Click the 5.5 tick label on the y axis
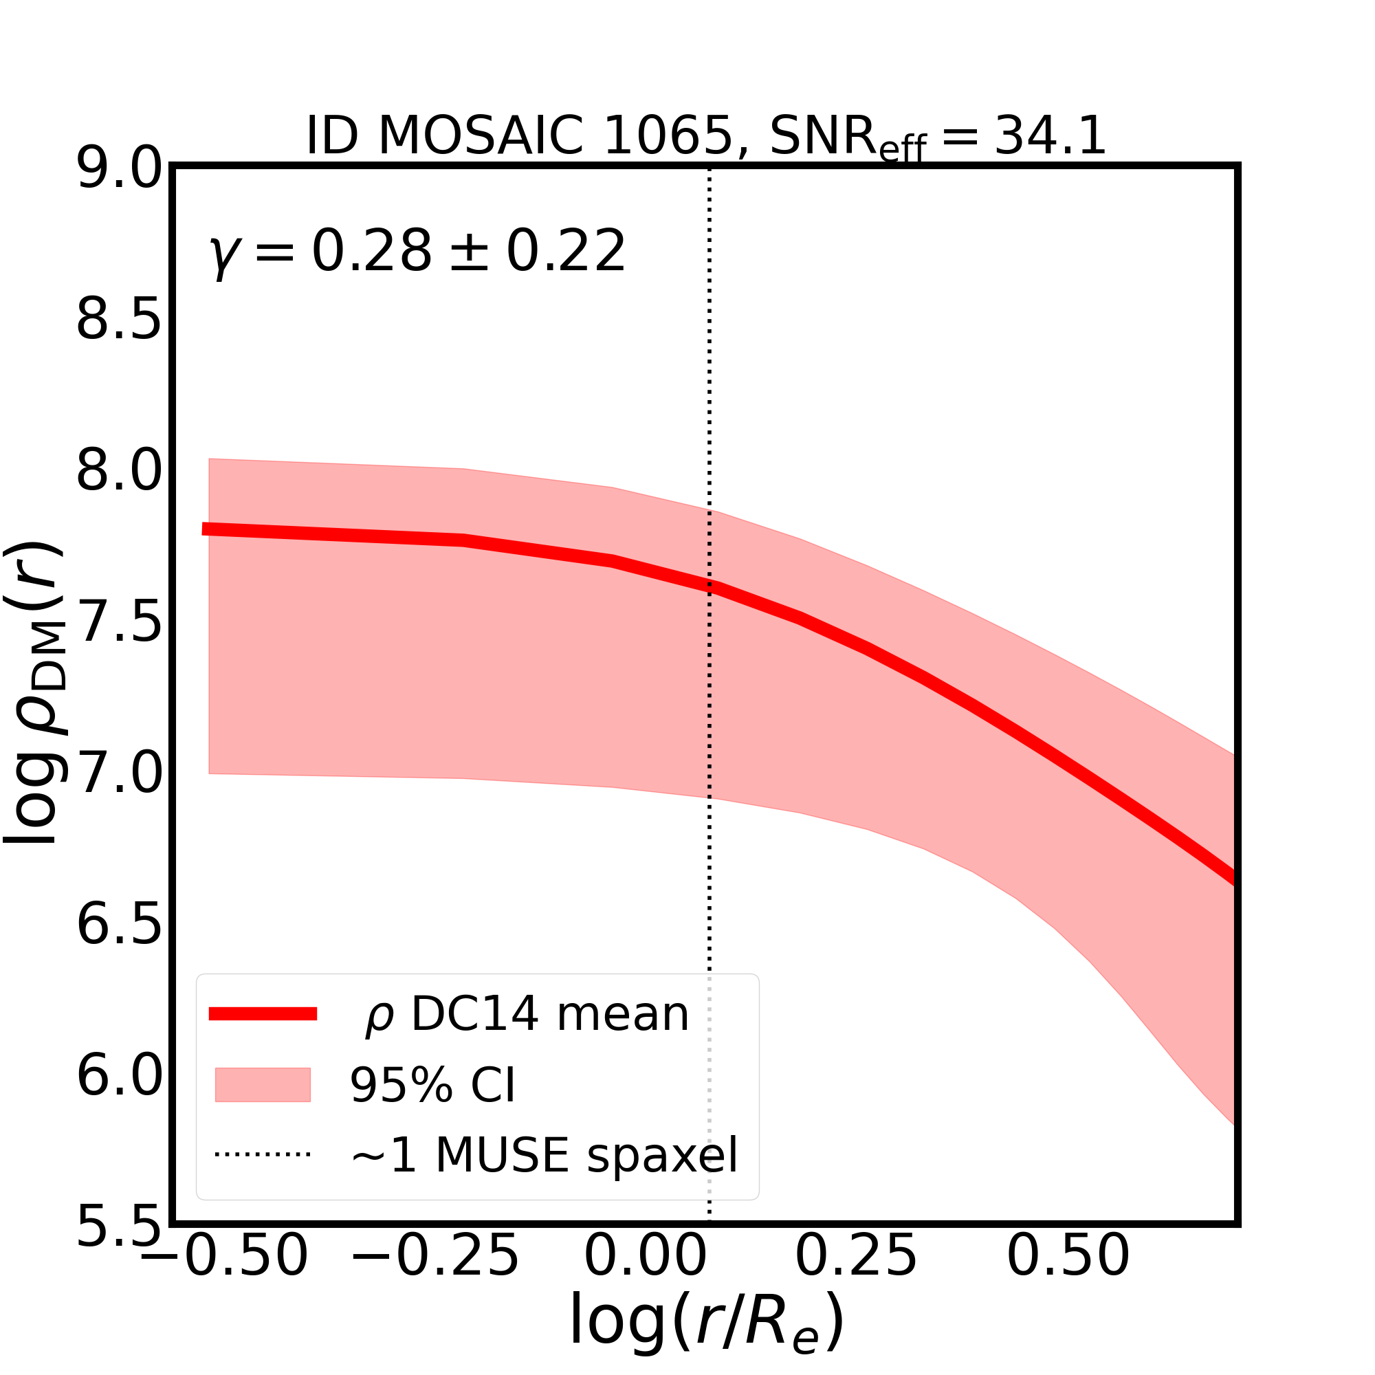pyautogui.click(x=119, y=1226)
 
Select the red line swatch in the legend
pyautogui.click(x=263, y=1014)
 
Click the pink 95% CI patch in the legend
pyautogui.click(x=263, y=1085)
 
